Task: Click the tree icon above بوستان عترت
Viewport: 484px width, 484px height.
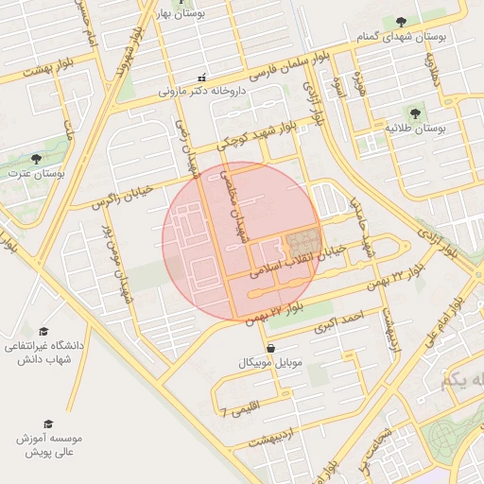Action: (x=36, y=159)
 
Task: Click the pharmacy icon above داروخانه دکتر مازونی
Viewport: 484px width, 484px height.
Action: (x=200, y=78)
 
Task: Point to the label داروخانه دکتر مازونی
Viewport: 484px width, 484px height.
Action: (x=200, y=93)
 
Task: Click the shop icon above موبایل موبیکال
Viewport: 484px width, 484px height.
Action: (x=271, y=348)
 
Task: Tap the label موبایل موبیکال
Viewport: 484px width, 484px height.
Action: (x=271, y=363)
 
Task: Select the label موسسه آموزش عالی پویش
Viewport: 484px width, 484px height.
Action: (x=48, y=446)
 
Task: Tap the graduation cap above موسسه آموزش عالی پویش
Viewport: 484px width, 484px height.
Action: (x=48, y=424)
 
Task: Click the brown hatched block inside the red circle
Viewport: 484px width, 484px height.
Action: (x=303, y=242)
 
